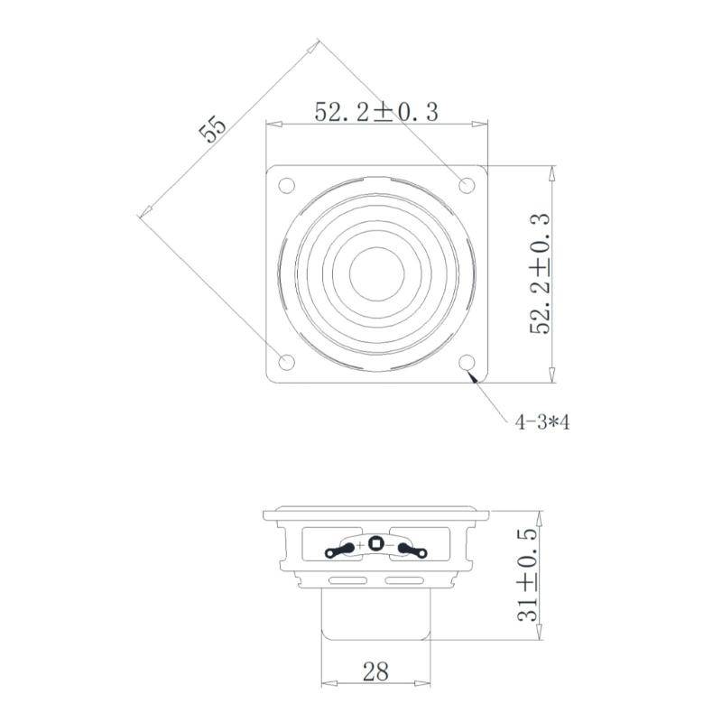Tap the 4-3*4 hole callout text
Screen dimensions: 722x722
tap(541, 421)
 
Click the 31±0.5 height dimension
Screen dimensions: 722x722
tap(530, 575)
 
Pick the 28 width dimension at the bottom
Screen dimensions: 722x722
tap(375, 671)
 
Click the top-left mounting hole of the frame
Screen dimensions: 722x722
tap(286, 186)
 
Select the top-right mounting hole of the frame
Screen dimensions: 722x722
tap(467, 186)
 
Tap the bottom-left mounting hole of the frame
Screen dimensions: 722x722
tap(286, 363)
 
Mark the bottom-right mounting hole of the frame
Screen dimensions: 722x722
tap(467, 363)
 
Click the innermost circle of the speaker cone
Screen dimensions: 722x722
tap(376, 273)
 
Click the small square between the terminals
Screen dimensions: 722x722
tap(375, 545)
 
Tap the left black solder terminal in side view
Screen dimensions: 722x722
tap(340, 548)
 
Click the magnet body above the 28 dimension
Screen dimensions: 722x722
tap(375, 614)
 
